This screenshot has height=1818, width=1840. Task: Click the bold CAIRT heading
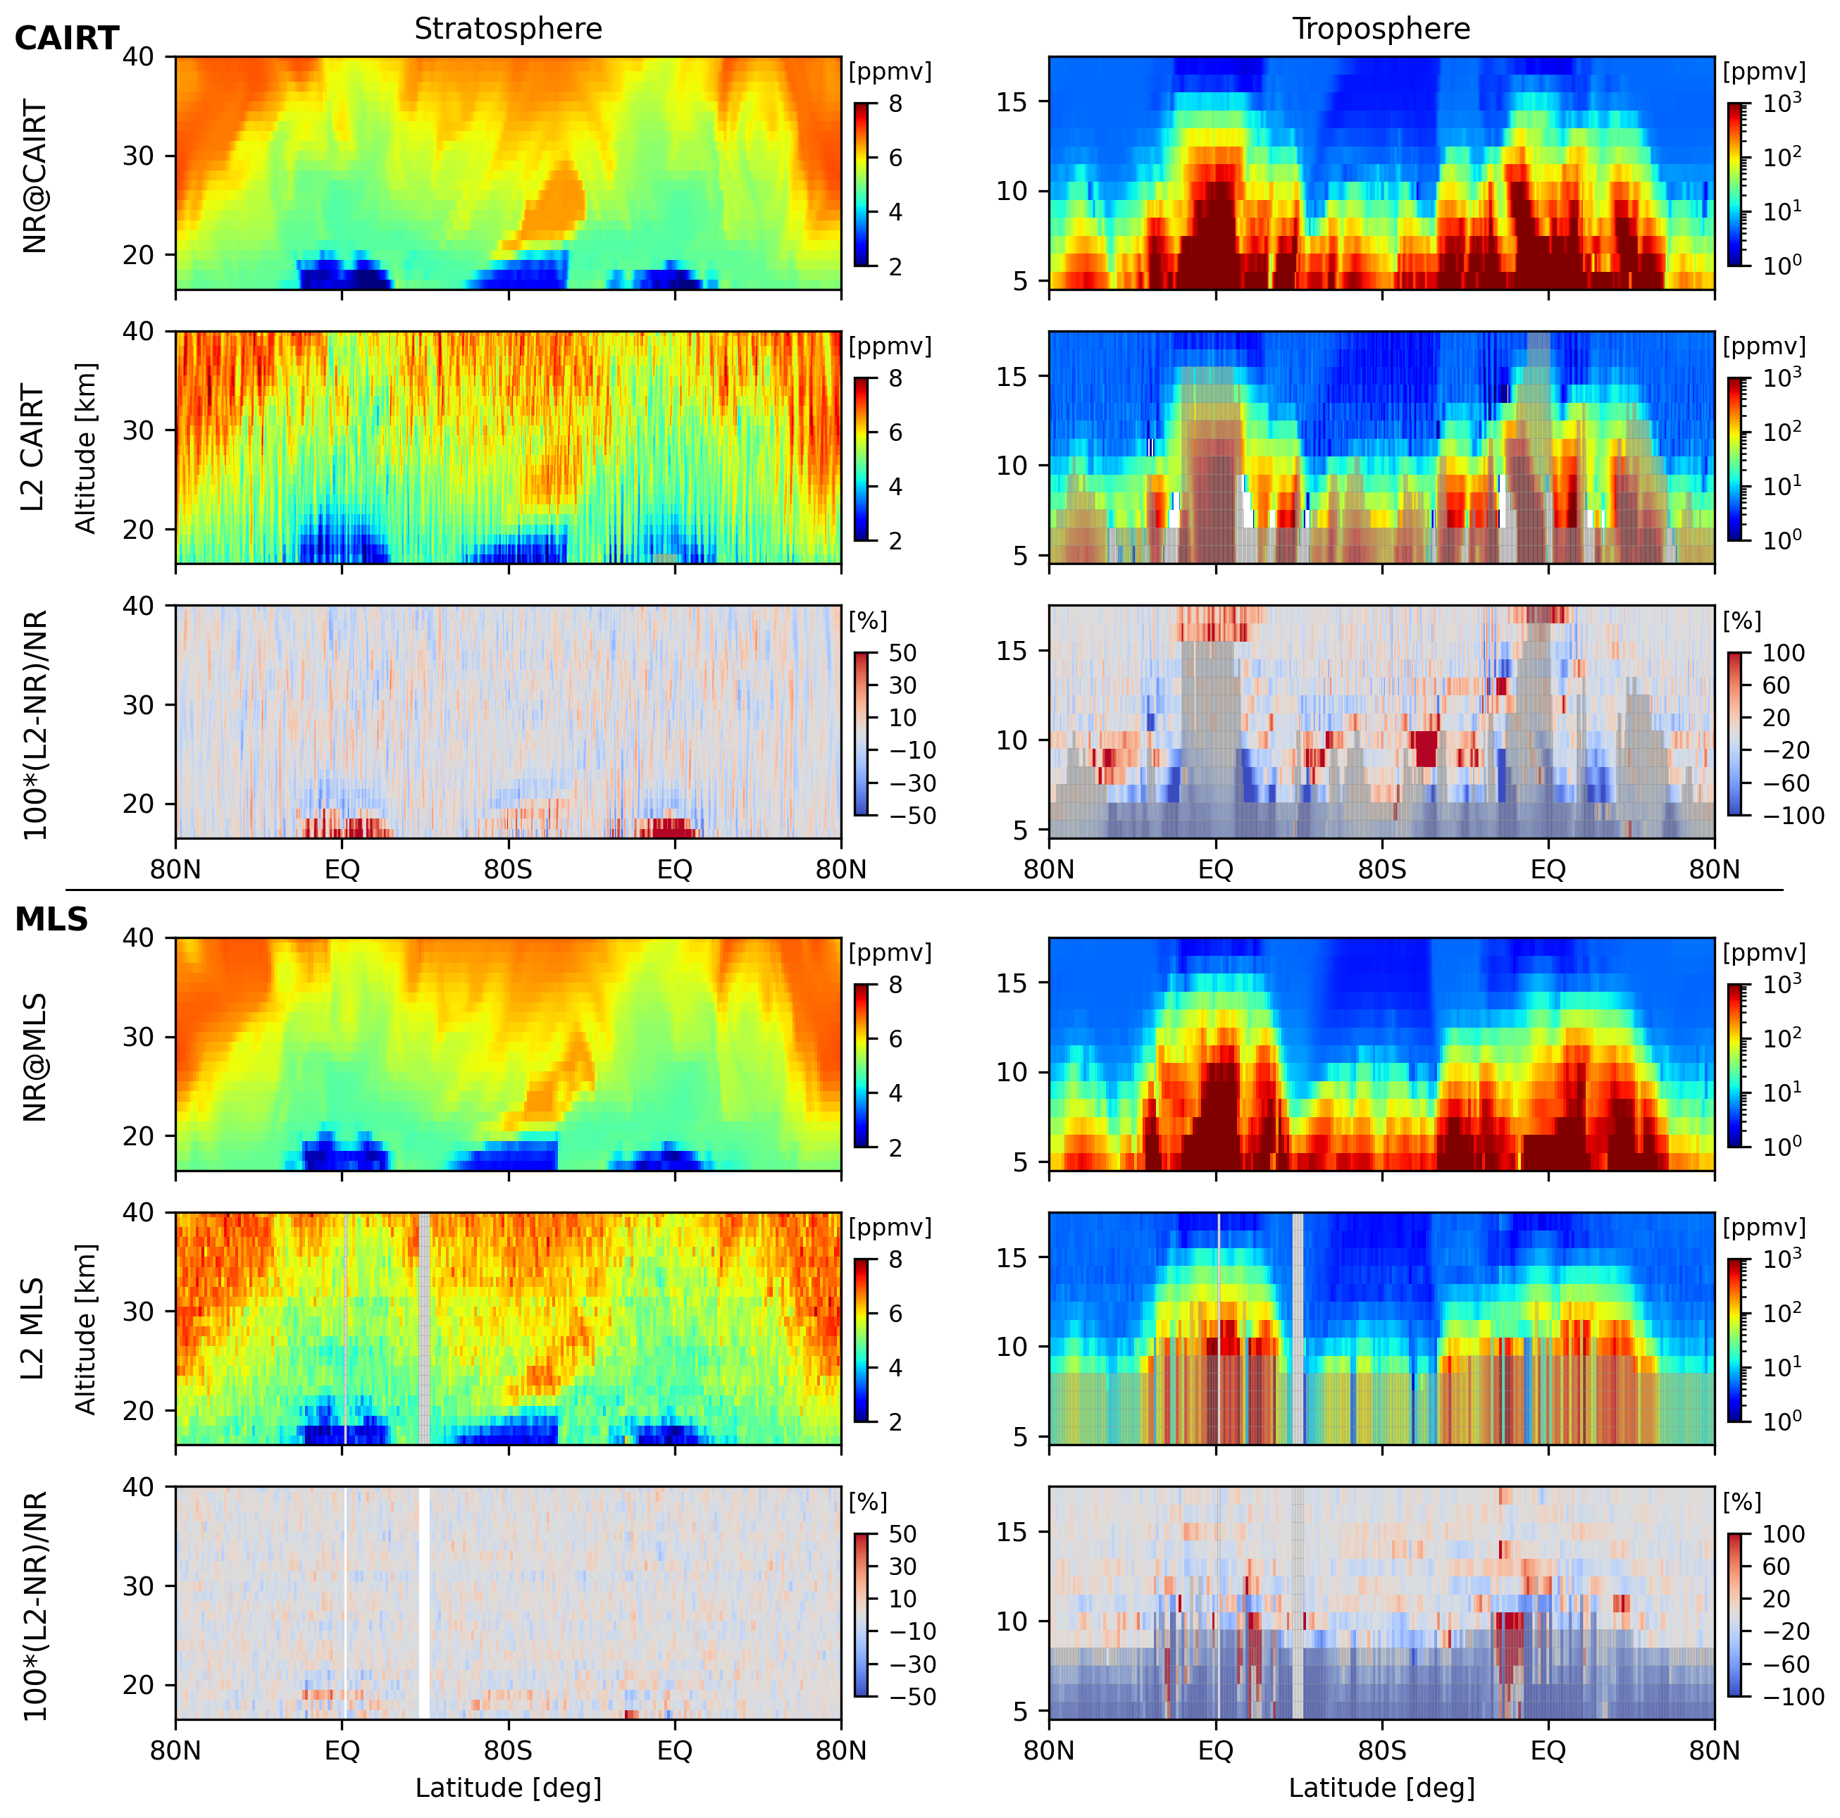click(x=67, y=39)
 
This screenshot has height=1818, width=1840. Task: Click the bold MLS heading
click(x=51, y=920)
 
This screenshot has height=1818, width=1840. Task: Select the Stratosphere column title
click(x=508, y=30)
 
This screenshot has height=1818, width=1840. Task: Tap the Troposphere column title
click(x=1381, y=30)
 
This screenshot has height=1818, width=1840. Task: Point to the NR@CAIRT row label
click(x=35, y=176)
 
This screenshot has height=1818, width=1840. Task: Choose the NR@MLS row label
click(x=35, y=1057)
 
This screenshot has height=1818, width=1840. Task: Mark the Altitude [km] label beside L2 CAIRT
click(x=87, y=447)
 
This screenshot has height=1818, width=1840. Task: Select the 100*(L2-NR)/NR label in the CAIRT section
click(x=35, y=724)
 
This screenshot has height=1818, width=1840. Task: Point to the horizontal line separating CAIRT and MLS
click(x=924, y=890)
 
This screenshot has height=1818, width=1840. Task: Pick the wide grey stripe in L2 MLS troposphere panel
click(x=1297, y=1328)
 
